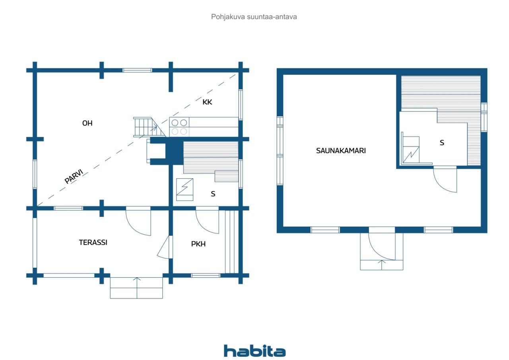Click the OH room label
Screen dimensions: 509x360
coord(87,123)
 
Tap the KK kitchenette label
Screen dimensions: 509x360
coord(207,102)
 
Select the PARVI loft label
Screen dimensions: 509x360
coord(74,176)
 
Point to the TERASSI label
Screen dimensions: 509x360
coord(93,243)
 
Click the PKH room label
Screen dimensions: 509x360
coord(198,244)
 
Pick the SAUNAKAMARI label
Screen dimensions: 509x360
coord(341,151)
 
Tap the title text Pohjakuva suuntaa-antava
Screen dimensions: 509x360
coord(254,17)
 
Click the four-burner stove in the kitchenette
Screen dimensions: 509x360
coord(179,127)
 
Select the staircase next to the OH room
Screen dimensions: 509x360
coord(149,127)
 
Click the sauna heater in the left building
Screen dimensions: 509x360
coord(185,189)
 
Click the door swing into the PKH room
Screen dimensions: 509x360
coord(207,220)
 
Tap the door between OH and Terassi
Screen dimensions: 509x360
coord(138,222)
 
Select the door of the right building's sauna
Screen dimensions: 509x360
coord(445,179)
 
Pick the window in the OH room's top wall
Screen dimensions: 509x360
coord(137,70)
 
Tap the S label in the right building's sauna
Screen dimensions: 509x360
coord(442,143)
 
